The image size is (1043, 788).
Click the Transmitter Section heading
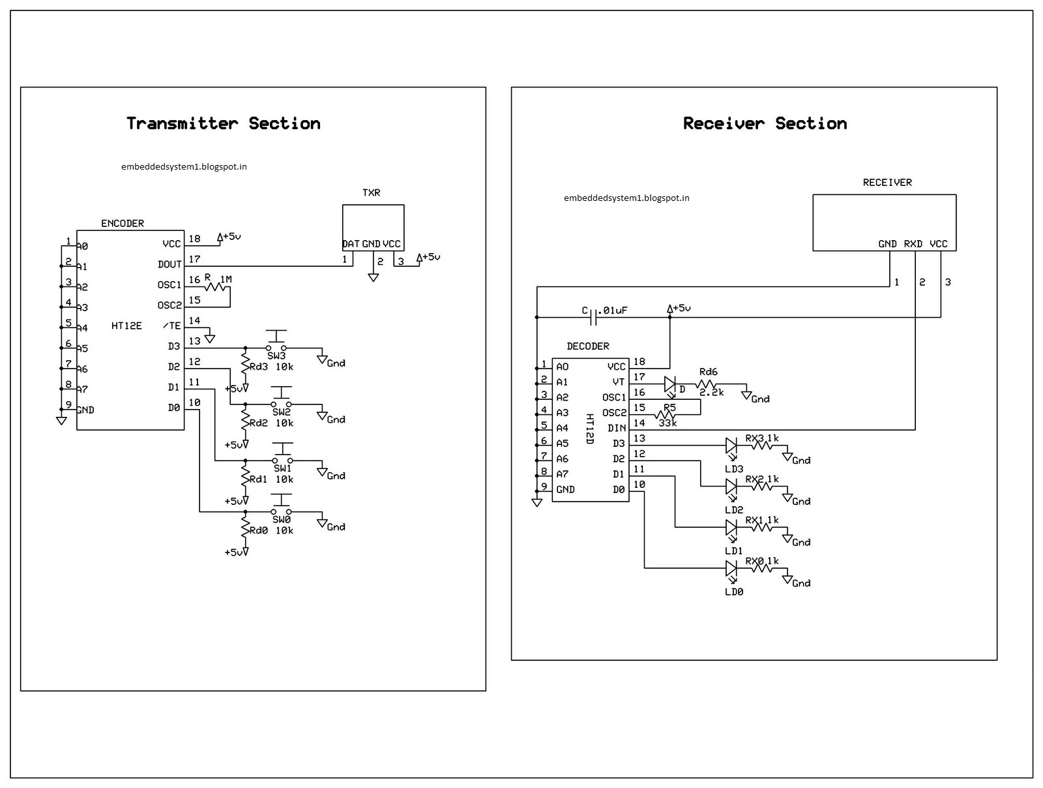click(223, 123)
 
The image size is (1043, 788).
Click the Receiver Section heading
click(765, 123)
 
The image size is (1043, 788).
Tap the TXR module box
click(373, 225)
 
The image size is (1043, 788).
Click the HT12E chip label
click(126, 326)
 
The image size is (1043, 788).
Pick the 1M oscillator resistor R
click(218, 286)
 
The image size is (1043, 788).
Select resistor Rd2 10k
click(245, 421)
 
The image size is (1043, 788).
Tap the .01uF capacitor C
click(594, 317)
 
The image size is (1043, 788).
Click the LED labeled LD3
click(731, 446)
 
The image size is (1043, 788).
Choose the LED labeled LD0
click(731, 569)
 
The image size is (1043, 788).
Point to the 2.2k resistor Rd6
click(707, 384)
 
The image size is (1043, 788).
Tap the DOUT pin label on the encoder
click(169, 264)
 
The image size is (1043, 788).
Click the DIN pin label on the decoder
click(617, 428)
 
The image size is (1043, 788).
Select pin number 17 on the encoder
click(194, 259)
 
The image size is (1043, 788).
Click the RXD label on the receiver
click(913, 244)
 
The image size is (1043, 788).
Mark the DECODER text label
click(587, 346)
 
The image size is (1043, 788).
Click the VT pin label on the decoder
click(619, 382)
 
